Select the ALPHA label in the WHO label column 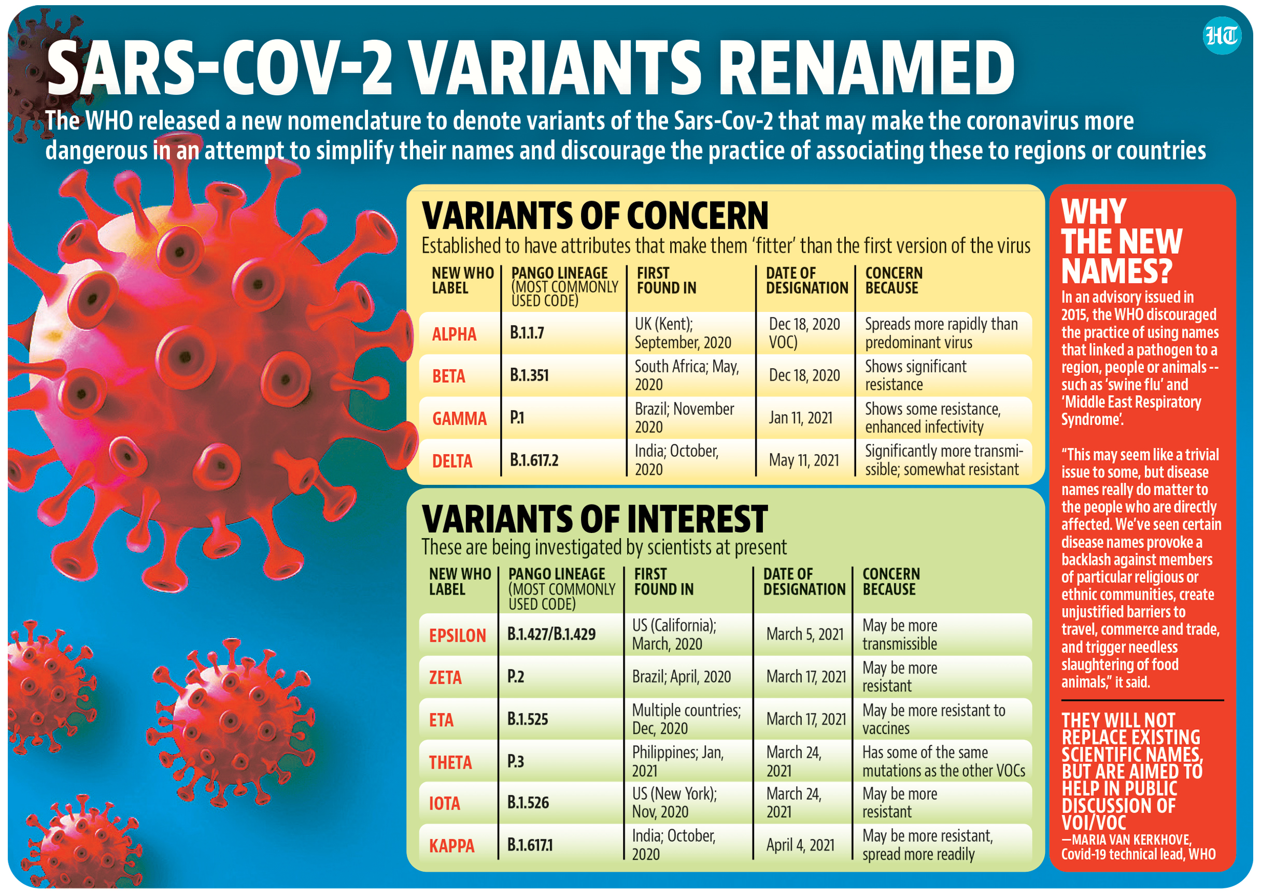(454, 334)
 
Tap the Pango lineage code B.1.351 (529, 376)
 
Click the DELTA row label (452, 461)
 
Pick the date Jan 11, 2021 (800, 418)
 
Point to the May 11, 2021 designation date (804, 460)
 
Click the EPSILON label (457, 635)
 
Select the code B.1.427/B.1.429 (551, 634)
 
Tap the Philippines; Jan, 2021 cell (677, 761)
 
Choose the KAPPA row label (451, 845)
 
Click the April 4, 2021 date (800, 845)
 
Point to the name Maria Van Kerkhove (1130, 840)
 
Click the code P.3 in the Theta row (515, 761)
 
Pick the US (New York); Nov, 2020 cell (674, 803)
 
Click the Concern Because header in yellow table (893, 280)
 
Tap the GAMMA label (459, 419)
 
